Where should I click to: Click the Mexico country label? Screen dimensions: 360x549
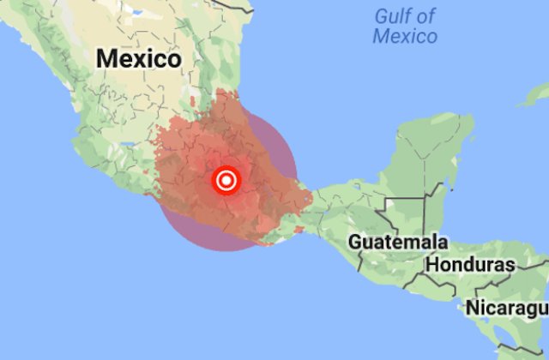[x=139, y=58]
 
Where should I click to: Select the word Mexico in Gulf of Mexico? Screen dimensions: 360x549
[x=405, y=36]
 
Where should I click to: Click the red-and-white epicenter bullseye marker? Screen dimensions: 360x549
[x=226, y=180]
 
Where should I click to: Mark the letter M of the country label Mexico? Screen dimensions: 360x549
[x=106, y=58]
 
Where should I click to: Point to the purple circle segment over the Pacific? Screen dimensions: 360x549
[x=206, y=236]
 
